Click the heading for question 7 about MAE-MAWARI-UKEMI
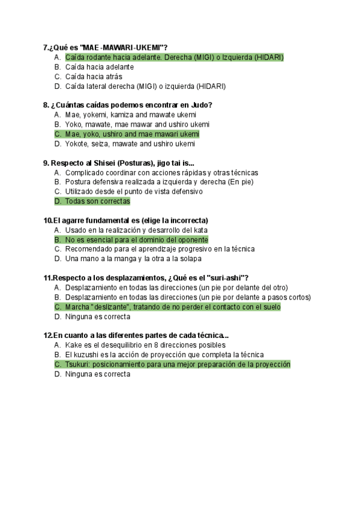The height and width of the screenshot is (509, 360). pos(106,47)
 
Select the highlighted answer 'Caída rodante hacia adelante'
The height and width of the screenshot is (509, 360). pos(174,58)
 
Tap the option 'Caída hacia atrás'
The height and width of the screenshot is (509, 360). pos(94,77)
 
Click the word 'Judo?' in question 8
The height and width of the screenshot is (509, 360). pos(202,105)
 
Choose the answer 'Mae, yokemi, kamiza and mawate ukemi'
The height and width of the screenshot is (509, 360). pos(131,115)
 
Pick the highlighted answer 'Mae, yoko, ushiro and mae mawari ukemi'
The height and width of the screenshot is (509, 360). pos(132,134)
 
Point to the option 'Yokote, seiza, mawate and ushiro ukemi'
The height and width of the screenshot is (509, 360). pos(130,144)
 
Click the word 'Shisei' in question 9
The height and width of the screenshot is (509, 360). pos(104,163)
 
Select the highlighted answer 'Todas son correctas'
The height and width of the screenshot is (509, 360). pos(97,202)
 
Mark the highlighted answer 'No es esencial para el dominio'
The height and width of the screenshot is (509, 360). pos(136,239)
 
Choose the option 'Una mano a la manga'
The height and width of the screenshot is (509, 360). pos(133,259)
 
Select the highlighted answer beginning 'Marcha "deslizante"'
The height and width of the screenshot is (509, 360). pos(173,307)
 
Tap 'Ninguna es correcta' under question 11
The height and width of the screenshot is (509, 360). pos(97,316)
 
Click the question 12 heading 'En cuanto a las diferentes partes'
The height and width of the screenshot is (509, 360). pos(137,335)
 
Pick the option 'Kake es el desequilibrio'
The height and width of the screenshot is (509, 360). pos(145,345)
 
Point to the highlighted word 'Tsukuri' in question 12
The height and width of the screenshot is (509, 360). pos(79,364)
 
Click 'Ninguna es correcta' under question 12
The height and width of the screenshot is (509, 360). pos(97,374)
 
